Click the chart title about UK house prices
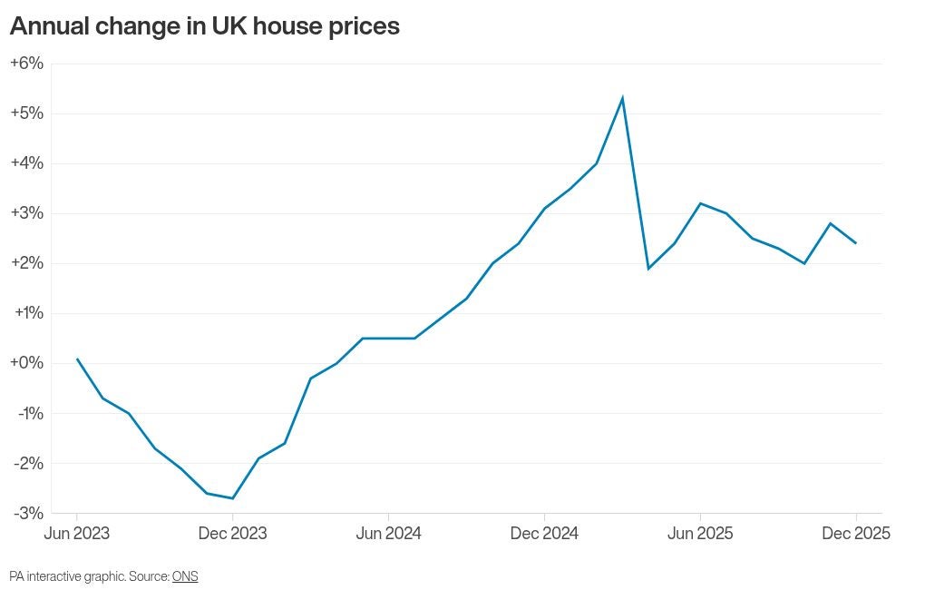pyautogui.click(x=204, y=26)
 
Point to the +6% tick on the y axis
pyautogui.click(x=26, y=64)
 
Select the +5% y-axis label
pyautogui.click(x=26, y=113)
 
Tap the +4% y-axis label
pyautogui.click(x=26, y=163)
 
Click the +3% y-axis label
pyautogui.click(x=26, y=213)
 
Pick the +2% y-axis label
pyautogui.click(x=26, y=263)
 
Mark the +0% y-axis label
pyautogui.click(x=26, y=363)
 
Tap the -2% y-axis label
pyautogui.click(x=28, y=463)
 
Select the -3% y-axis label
pyautogui.click(x=28, y=513)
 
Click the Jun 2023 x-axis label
pyautogui.click(x=77, y=534)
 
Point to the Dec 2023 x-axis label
pyautogui.click(x=233, y=534)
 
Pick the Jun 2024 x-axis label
pyautogui.click(x=388, y=534)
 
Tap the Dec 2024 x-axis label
pyautogui.click(x=544, y=534)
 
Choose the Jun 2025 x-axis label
pyautogui.click(x=700, y=534)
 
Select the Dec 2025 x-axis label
pyautogui.click(x=855, y=534)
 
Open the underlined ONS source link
pyautogui.click(x=185, y=576)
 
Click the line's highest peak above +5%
pyautogui.click(x=622, y=98)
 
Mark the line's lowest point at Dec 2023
pyautogui.click(x=233, y=498)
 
